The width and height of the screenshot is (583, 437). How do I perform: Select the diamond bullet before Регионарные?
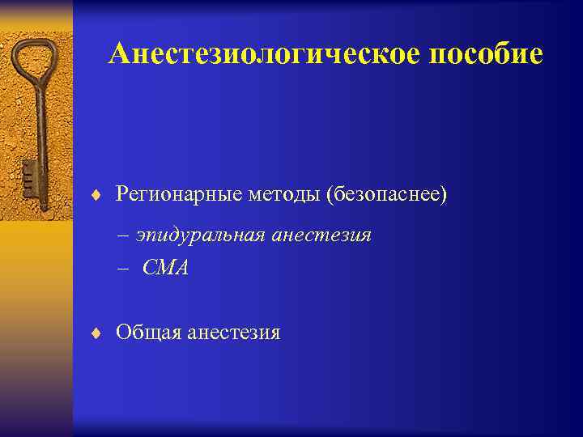96,195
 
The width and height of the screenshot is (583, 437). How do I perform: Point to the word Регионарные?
169,195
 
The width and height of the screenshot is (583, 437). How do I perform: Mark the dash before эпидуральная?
124,235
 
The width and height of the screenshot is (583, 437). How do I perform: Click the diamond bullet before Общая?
96,333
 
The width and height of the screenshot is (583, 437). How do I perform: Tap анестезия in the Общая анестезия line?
234,333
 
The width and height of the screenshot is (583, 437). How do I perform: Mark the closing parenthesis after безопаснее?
443,195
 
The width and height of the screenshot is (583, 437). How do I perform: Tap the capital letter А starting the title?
118,54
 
